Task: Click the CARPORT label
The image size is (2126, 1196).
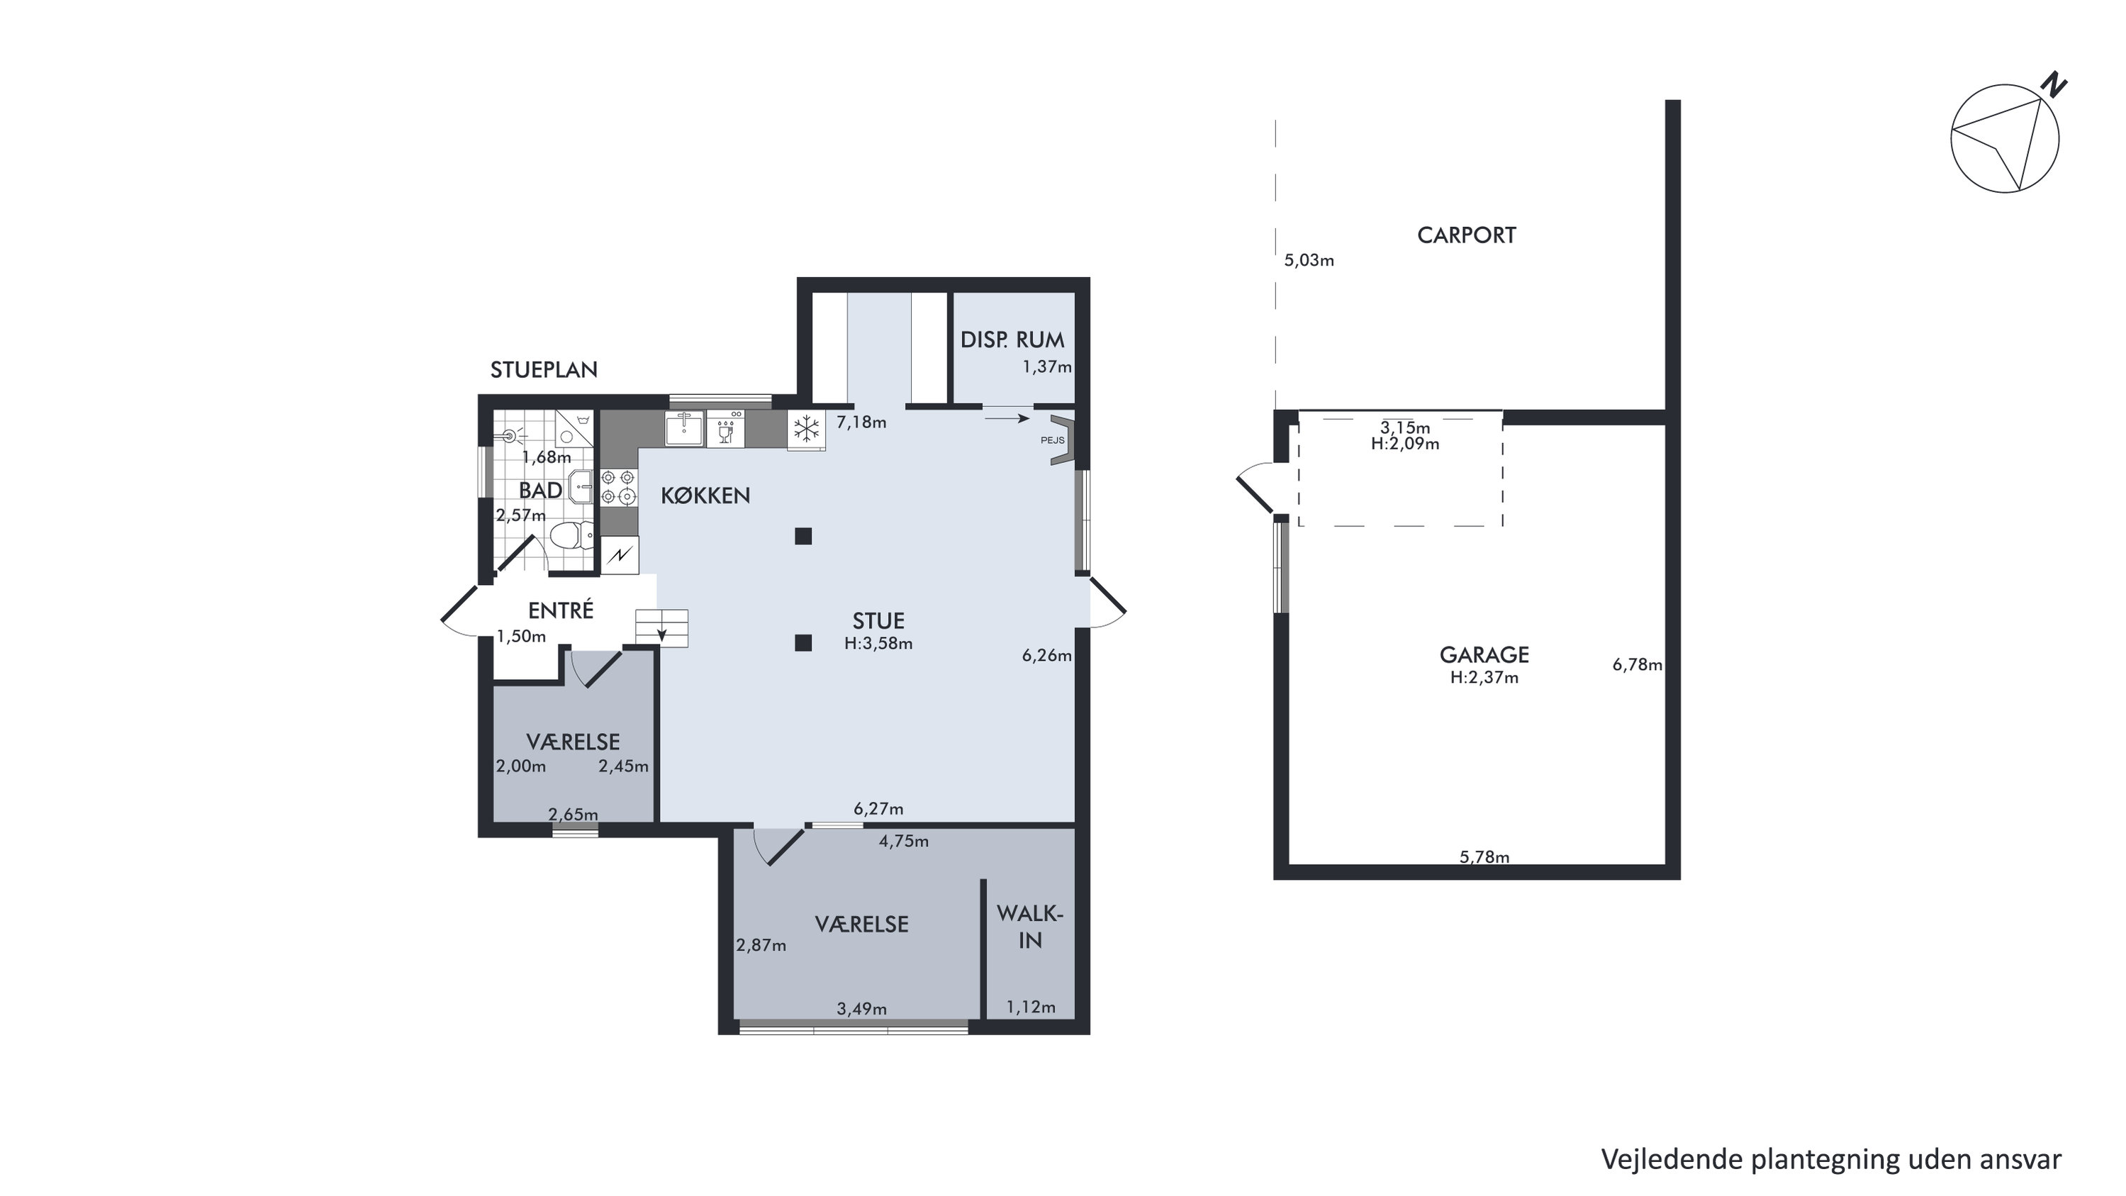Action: tap(1466, 235)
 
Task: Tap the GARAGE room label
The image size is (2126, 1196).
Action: tap(1484, 654)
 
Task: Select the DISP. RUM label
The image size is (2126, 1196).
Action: tap(1012, 340)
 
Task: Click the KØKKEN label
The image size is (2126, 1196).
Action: tap(705, 496)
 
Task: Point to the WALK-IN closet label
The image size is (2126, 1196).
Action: tap(1030, 927)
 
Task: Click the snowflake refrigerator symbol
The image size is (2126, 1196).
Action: tap(806, 429)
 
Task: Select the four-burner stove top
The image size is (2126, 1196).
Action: tap(618, 486)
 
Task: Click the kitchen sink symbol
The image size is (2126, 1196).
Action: tap(684, 428)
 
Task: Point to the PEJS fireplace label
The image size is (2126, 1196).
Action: tap(1052, 440)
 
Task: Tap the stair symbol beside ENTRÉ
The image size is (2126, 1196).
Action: tap(661, 627)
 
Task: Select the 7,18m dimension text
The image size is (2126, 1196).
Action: tap(861, 423)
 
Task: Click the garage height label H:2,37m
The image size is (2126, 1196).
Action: tap(1484, 678)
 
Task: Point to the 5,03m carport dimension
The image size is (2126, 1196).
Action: tap(1309, 261)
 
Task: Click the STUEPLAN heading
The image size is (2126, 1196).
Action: tap(544, 370)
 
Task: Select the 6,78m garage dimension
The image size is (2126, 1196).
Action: tap(1638, 664)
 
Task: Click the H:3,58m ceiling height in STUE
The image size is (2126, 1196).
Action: tap(878, 643)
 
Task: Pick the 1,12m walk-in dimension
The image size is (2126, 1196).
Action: tap(1031, 1007)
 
